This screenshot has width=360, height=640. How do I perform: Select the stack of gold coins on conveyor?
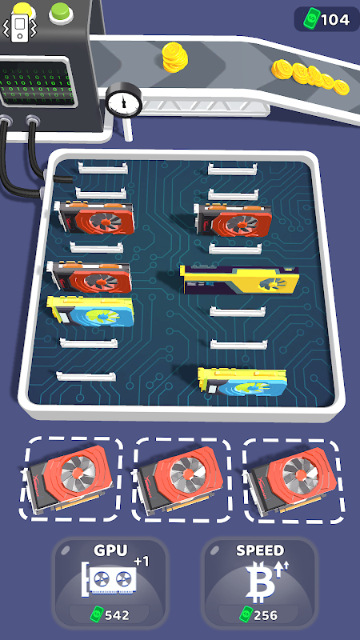[174, 57]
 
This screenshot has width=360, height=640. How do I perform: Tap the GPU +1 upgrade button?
[110, 583]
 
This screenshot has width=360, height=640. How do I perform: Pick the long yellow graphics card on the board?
[241, 279]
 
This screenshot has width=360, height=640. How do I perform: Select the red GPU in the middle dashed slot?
[181, 479]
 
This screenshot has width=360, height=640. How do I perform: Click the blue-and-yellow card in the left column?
[90, 311]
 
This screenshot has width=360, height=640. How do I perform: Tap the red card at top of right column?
[234, 219]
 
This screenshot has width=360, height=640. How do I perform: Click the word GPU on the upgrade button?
[110, 550]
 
